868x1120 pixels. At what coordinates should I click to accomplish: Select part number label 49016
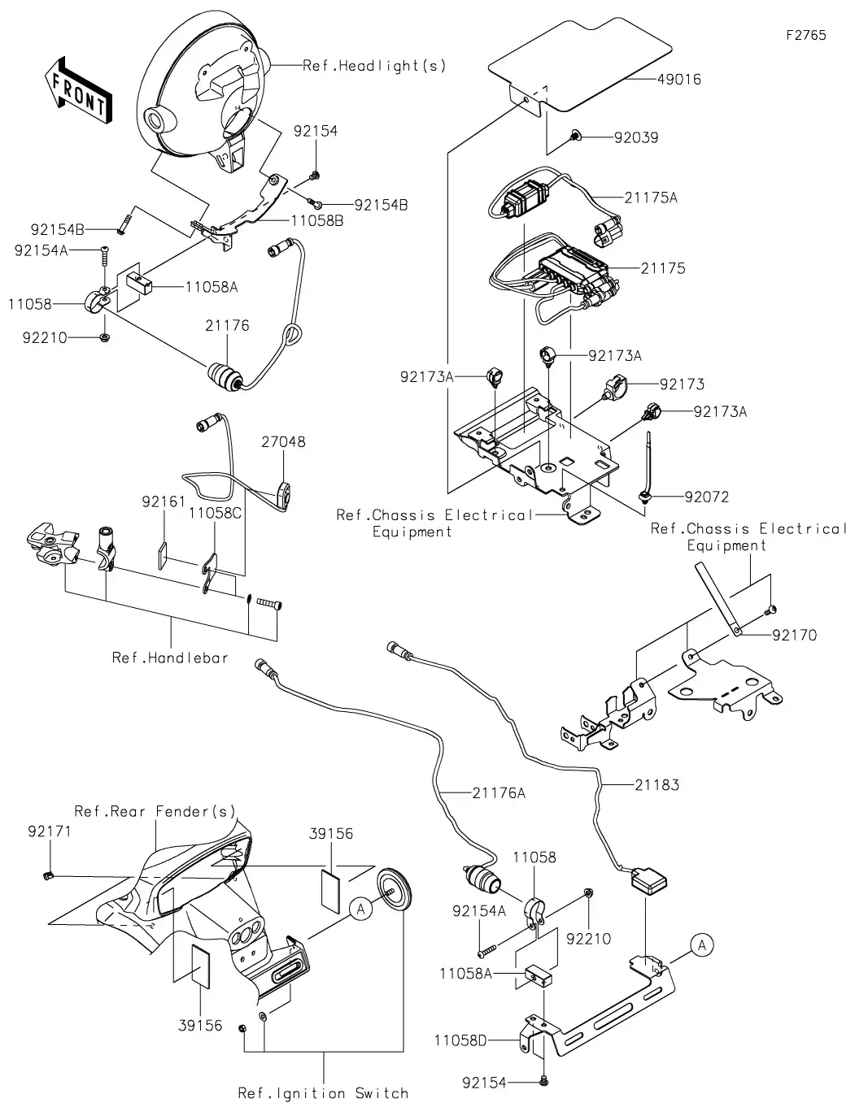click(x=678, y=80)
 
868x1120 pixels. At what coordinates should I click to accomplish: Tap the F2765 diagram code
click(x=805, y=35)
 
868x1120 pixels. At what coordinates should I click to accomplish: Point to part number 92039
click(x=636, y=138)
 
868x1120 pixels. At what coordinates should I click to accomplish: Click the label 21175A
click(x=651, y=198)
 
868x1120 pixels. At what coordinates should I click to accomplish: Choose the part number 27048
click(x=283, y=442)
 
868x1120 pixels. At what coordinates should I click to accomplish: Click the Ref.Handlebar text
click(x=170, y=658)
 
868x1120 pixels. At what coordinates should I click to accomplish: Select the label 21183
click(x=656, y=785)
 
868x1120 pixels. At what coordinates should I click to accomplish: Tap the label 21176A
click(x=499, y=792)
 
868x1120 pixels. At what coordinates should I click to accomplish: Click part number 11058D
click(x=460, y=1040)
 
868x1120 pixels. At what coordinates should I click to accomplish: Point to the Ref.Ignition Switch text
click(x=323, y=1093)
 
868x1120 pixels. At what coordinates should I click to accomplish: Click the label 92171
click(x=50, y=831)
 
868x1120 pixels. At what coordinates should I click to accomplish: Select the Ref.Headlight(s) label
click(x=374, y=66)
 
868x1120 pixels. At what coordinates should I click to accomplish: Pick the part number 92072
click(x=706, y=497)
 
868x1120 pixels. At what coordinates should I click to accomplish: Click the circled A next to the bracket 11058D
click(x=703, y=944)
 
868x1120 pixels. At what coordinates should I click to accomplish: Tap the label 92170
click(x=794, y=636)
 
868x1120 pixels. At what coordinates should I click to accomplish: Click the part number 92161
click(x=164, y=502)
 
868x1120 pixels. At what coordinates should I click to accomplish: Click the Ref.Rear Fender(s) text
click(x=155, y=811)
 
